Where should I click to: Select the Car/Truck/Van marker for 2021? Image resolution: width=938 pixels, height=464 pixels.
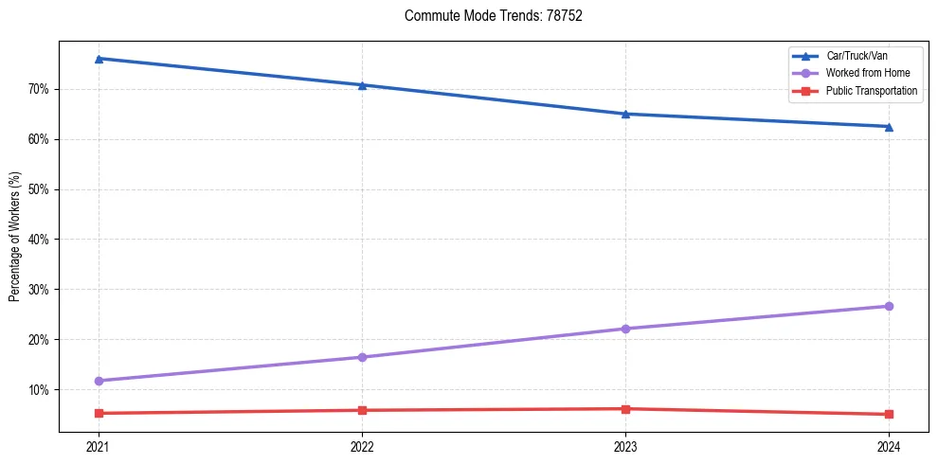tap(99, 59)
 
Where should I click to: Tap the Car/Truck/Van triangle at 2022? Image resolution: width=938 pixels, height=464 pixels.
tap(362, 85)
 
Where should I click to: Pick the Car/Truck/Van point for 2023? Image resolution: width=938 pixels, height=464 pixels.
tap(625, 114)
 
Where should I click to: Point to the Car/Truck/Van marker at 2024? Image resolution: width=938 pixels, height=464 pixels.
tap(889, 126)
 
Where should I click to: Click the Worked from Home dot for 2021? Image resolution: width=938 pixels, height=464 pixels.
tap(99, 381)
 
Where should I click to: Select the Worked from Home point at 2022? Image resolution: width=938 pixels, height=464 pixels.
tap(362, 357)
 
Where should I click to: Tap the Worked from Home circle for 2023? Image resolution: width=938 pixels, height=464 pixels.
tap(625, 329)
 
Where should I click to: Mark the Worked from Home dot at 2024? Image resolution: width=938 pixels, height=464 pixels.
tap(889, 306)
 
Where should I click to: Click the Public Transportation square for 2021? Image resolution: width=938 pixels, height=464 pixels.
tap(99, 413)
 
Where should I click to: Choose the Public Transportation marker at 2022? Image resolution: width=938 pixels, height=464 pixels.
tap(362, 410)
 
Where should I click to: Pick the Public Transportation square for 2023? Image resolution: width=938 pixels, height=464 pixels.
tap(625, 409)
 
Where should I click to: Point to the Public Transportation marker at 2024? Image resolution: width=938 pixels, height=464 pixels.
tap(889, 414)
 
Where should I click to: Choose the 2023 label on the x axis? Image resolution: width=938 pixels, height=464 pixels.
tap(625, 446)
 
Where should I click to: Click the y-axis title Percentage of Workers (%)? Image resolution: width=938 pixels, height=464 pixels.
tap(15, 237)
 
